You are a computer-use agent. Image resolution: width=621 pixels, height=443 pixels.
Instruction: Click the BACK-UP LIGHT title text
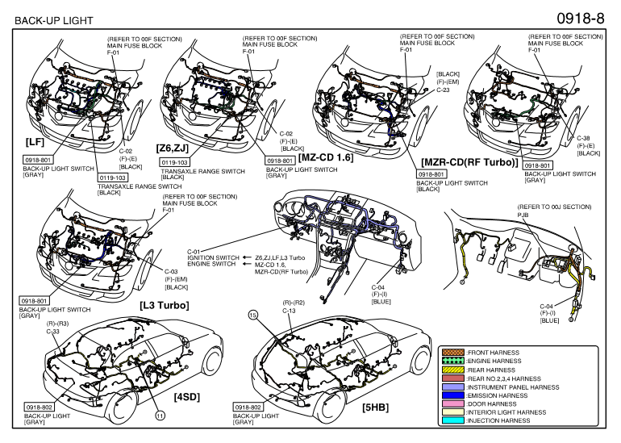pyautogui.click(x=53, y=19)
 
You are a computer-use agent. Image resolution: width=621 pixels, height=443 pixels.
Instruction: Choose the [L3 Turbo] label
pyautogui.click(x=165, y=305)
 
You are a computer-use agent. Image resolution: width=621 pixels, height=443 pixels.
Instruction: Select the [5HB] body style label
pyautogui.click(x=375, y=407)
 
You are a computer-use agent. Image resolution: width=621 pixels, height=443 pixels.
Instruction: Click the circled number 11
pyautogui.click(x=160, y=415)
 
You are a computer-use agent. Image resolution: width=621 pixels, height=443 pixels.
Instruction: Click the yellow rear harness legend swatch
pyautogui.click(x=448, y=369)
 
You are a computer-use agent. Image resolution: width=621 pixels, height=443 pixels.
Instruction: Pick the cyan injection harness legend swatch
pyautogui.click(x=448, y=420)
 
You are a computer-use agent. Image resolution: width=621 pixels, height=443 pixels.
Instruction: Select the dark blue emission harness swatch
pyautogui.click(x=448, y=395)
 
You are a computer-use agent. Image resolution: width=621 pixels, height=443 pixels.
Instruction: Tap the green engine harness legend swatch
pyautogui.click(x=448, y=360)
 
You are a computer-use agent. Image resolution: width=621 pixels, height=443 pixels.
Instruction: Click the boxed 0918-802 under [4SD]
pyautogui.click(x=38, y=409)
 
